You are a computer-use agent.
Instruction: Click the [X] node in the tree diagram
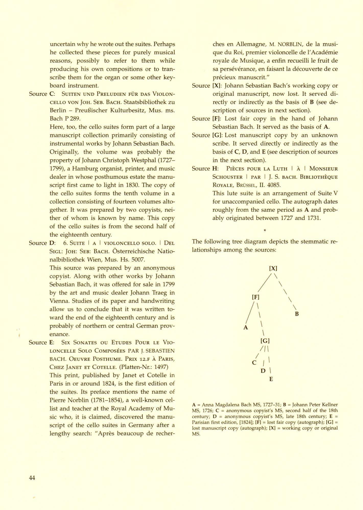pyautogui.click(x=273, y=268)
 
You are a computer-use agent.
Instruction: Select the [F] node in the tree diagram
pyautogui.click(x=255, y=297)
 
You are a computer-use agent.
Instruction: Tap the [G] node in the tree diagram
pyautogui.click(x=265, y=341)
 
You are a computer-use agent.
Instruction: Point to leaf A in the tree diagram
pyautogui.click(x=246, y=328)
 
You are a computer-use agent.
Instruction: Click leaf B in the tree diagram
pyautogui.click(x=297, y=314)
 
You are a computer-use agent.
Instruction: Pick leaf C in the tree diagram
pyautogui.click(x=254, y=363)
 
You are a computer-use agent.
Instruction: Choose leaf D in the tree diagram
pyautogui.click(x=263, y=371)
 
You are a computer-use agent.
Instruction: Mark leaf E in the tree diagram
pyautogui.click(x=271, y=379)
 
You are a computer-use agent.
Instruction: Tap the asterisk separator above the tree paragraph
pyautogui.click(x=265, y=231)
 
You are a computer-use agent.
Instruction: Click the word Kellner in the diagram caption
pyautogui.click(x=329, y=405)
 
